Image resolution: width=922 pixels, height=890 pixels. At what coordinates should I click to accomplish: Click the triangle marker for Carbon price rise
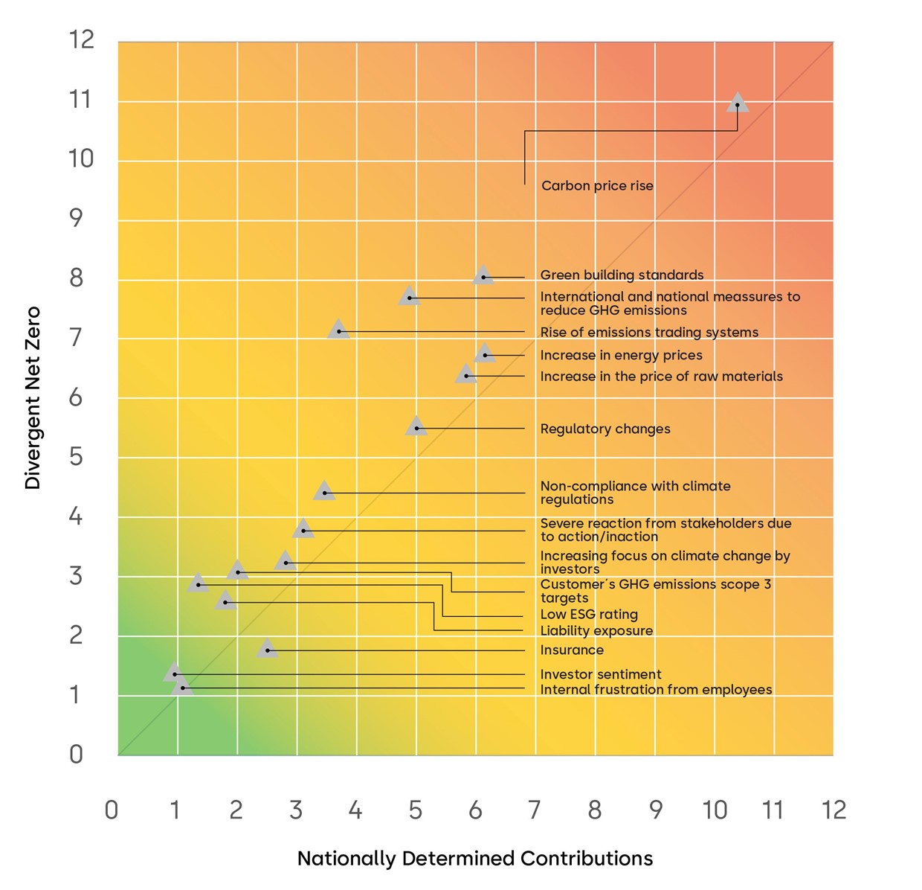[x=737, y=103]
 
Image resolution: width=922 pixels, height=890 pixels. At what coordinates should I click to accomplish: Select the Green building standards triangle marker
[x=483, y=275]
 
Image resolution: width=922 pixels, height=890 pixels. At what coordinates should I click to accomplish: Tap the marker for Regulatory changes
[x=416, y=426]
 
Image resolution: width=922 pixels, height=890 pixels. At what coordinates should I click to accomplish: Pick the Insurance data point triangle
[x=267, y=648]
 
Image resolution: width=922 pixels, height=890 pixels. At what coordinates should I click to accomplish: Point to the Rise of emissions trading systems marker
[x=338, y=329]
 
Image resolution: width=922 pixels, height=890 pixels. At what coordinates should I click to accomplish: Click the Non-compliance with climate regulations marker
[x=324, y=490]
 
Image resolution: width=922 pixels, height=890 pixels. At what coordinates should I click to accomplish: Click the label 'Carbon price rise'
[x=597, y=186]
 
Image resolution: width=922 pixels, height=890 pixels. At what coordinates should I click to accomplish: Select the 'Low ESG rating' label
[x=589, y=615]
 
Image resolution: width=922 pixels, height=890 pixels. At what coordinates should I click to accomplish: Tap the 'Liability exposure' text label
[x=596, y=631]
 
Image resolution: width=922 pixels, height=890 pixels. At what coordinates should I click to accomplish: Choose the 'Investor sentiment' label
[x=601, y=674]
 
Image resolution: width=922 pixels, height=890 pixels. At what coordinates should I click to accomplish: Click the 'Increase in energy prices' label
[x=621, y=355]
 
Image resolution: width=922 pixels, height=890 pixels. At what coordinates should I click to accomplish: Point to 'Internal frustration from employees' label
[x=657, y=689]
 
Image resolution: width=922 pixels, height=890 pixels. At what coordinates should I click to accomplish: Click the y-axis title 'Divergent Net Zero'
[x=32, y=398]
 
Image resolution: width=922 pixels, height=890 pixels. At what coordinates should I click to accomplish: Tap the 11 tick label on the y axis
[x=80, y=100]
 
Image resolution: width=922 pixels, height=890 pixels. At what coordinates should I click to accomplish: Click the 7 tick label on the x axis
[x=535, y=810]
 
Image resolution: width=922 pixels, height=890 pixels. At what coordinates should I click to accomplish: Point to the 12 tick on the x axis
[x=834, y=810]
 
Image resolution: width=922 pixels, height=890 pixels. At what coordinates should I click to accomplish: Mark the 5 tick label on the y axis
[x=76, y=457]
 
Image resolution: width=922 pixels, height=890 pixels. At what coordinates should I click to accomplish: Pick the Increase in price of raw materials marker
[x=466, y=374]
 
